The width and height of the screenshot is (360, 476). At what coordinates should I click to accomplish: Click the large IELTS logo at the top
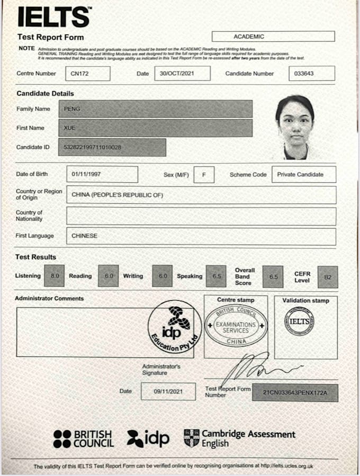pos(53,17)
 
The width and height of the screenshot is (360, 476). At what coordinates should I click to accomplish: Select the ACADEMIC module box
pos(273,37)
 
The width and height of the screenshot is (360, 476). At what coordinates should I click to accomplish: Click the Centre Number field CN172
pos(87,74)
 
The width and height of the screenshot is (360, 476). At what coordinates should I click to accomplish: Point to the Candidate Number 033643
pos(312,74)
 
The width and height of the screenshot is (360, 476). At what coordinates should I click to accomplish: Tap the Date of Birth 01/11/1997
pos(102,174)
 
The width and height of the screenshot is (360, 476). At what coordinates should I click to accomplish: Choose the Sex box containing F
pos(204,174)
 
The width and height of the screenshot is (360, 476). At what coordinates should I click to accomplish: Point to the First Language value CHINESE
pos(201,236)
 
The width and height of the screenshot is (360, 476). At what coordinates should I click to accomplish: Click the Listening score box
pos(55,276)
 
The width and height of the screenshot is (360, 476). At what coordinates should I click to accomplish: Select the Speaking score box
pos(215,276)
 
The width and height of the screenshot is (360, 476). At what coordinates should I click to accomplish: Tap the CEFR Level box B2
pos(327,276)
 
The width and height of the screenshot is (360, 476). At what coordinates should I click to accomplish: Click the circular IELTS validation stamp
pos(299,321)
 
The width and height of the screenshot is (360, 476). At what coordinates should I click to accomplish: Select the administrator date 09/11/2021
pos(168,391)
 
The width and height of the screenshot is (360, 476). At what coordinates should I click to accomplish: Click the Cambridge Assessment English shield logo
pos(191,437)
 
